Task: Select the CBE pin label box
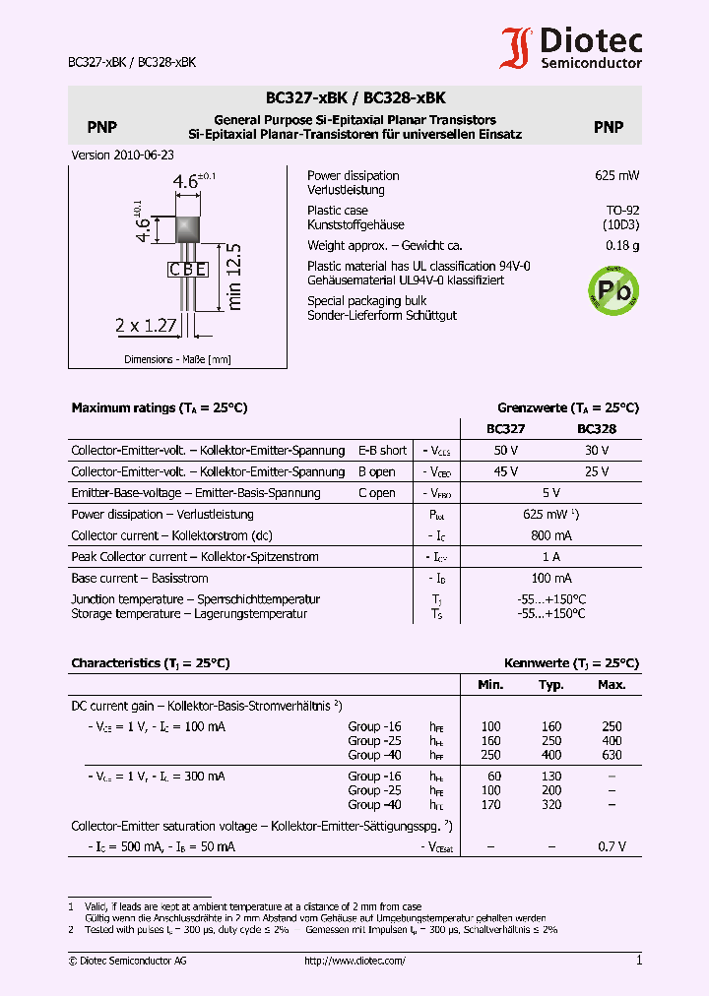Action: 187,269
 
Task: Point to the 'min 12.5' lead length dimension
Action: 233,277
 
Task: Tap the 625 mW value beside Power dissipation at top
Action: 616,175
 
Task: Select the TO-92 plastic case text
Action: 621,211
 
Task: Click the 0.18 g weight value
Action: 621,246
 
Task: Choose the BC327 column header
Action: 506,429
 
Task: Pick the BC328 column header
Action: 597,429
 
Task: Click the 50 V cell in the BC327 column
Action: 506,450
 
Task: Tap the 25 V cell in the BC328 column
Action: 597,471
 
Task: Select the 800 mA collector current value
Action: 551,535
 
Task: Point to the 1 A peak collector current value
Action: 551,557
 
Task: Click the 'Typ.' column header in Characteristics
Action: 551,685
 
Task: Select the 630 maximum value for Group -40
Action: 612,755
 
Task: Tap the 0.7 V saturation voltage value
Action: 612,846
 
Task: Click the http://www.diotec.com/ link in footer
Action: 354,961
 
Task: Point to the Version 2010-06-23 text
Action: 123,156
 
